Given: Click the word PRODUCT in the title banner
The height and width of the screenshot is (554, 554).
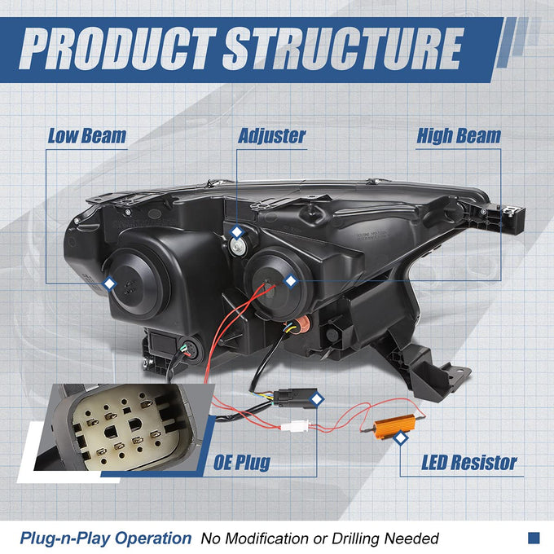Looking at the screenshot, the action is coord(117,49).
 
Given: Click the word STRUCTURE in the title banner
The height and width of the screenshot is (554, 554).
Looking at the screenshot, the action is coord(342,49).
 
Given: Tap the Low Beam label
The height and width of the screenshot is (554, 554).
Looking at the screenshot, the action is coord(87,136).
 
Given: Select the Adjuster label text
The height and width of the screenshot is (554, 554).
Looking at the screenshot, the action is coord(271,137).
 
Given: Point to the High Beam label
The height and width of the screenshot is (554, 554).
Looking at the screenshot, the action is coord(459,136).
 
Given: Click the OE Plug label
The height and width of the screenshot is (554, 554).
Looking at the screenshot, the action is coord(242,463).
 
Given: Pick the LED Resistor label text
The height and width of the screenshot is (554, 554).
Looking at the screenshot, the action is coord(468,462).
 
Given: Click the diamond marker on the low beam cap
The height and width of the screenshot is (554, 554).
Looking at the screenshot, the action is coord(109,284).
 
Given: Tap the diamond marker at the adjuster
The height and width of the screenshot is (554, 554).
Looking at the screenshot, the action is coord(237,232).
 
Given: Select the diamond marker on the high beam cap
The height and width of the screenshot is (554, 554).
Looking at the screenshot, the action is coord(290,281).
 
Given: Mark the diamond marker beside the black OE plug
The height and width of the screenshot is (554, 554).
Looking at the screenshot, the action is coord(317,399).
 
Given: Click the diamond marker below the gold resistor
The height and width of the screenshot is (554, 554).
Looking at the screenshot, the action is coord(400,438).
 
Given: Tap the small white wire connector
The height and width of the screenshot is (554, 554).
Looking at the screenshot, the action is coord(296,425).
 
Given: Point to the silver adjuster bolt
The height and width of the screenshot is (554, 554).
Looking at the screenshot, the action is coord(237,245).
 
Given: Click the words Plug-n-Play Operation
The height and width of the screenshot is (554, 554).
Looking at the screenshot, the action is coord(105,539).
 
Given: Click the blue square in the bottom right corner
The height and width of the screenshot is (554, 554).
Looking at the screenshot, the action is coord(534,538).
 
